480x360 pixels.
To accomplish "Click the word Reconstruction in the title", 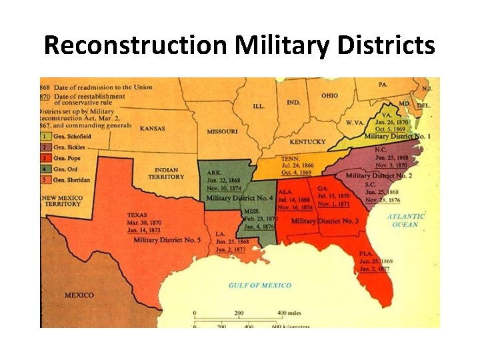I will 137,45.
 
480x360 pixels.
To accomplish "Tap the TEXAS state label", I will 138,215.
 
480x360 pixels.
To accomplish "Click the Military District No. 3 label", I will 325,221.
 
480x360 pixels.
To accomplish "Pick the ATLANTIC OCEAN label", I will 406,220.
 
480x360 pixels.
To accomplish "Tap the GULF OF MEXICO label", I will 260,285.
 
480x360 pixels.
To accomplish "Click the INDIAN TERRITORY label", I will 166,173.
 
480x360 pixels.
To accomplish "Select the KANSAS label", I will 152,128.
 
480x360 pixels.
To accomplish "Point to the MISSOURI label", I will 222,131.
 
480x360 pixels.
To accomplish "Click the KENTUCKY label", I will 307,141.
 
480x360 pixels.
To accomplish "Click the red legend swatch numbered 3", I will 45,158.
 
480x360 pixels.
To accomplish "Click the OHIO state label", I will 329,95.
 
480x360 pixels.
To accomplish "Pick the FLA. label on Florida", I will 365,254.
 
